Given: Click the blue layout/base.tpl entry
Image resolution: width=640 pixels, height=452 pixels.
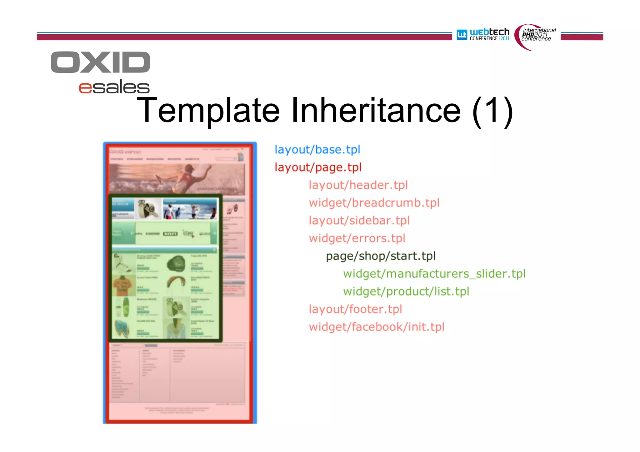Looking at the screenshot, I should point(317,150).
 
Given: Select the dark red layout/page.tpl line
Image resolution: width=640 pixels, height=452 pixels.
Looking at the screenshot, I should point(318,167).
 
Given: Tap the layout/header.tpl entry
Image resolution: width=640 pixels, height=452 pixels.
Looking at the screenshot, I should point(358,185).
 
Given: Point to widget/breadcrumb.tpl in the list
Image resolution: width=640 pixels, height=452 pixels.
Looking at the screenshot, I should point(374,203).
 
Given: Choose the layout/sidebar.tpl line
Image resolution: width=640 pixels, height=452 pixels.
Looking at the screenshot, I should point(359,221).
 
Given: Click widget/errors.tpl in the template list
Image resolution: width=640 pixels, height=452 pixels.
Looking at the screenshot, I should point(357,238).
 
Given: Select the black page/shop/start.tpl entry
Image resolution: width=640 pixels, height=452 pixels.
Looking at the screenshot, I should point(380,256).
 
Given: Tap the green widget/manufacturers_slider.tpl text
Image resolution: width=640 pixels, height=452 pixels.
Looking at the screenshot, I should point(434,274).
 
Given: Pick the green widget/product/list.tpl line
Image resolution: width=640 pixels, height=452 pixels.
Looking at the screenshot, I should point(406,291).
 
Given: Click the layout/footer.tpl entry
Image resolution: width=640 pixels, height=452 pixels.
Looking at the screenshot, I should point(355,309).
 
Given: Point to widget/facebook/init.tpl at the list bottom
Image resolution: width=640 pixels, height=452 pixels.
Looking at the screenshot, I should point(377,327).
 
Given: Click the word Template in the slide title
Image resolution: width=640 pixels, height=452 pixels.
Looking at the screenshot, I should point(208,110).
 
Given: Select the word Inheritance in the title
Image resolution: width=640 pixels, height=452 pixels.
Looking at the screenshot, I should point(376,110).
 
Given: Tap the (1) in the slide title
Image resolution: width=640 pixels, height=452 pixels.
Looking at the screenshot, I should point(492,111).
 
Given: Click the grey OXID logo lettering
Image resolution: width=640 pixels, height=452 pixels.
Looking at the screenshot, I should point(100,62).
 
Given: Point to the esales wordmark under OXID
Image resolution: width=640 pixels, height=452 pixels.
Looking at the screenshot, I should point(114,87).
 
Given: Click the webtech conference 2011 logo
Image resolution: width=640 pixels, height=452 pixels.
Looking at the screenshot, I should point(483,34).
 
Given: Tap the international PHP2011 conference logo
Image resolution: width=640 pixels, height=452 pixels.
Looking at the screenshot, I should point(536,36).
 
